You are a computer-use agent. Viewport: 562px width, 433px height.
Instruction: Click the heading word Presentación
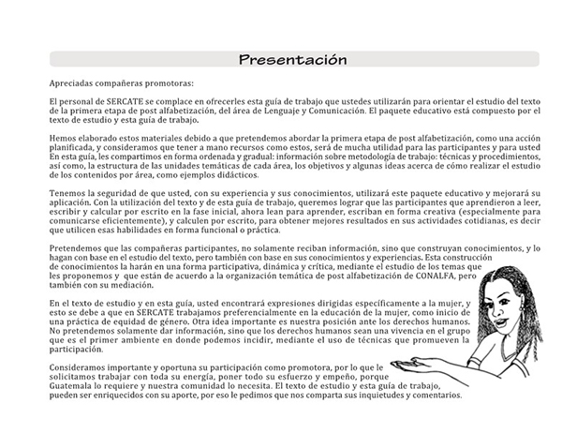292,60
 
